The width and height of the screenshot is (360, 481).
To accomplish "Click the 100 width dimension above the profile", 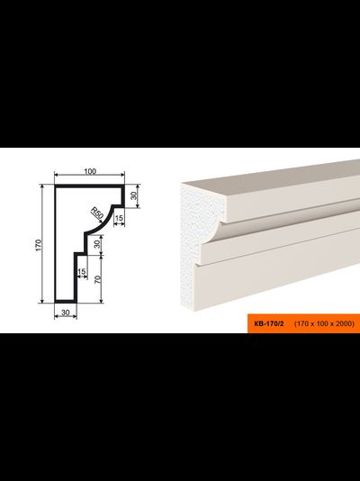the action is pyautogui.click(x=90, y=171).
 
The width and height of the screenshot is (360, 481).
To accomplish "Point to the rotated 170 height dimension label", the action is pyautogui.click(x=39, y=245).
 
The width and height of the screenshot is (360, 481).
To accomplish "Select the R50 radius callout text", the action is pyautogui.click(x=96, y=213).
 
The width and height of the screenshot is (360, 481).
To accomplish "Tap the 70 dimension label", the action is pyautogui.click(x=98, y=279).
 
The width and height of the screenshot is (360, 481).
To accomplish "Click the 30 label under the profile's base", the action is pyautogui.click(x=66, y=313).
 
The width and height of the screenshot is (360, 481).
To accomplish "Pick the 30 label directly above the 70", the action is pyautogui.click(x=97, y=244).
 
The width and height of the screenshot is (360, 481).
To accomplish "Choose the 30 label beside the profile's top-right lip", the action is pyautogui.click(x=133, y=195).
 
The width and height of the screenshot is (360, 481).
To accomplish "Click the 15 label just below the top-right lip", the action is pyautogui.click(x=119, y=218).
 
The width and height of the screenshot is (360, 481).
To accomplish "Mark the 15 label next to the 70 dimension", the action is pyautogui.click(x=82, y=271).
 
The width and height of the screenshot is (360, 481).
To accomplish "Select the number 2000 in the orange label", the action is pyautogui.click(x=344, y=323).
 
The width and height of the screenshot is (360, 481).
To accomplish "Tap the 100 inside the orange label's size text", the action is pyautogui.click(x=323, y=323).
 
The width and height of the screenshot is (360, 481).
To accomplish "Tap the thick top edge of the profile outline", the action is pyautogui.click(x=89, y=186).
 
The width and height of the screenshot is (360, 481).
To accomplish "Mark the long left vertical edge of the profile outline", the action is pyautogui.click(x=56, y=244).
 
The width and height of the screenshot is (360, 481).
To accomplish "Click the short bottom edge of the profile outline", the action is pyautogui.click(x=66, y=302).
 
